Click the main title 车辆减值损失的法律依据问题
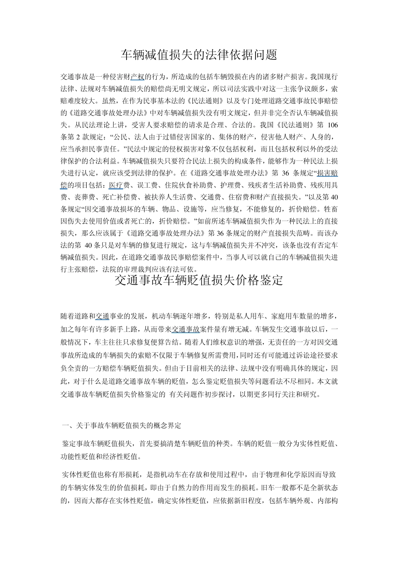pyautogui.click(x=199, y=54)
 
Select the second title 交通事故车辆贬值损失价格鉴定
pyautogui.click(x=199, y=280)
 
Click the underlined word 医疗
pyautogui.click(x=115, y=185)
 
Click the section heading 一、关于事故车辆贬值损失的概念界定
pyautogui.click(x=121, y=426)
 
